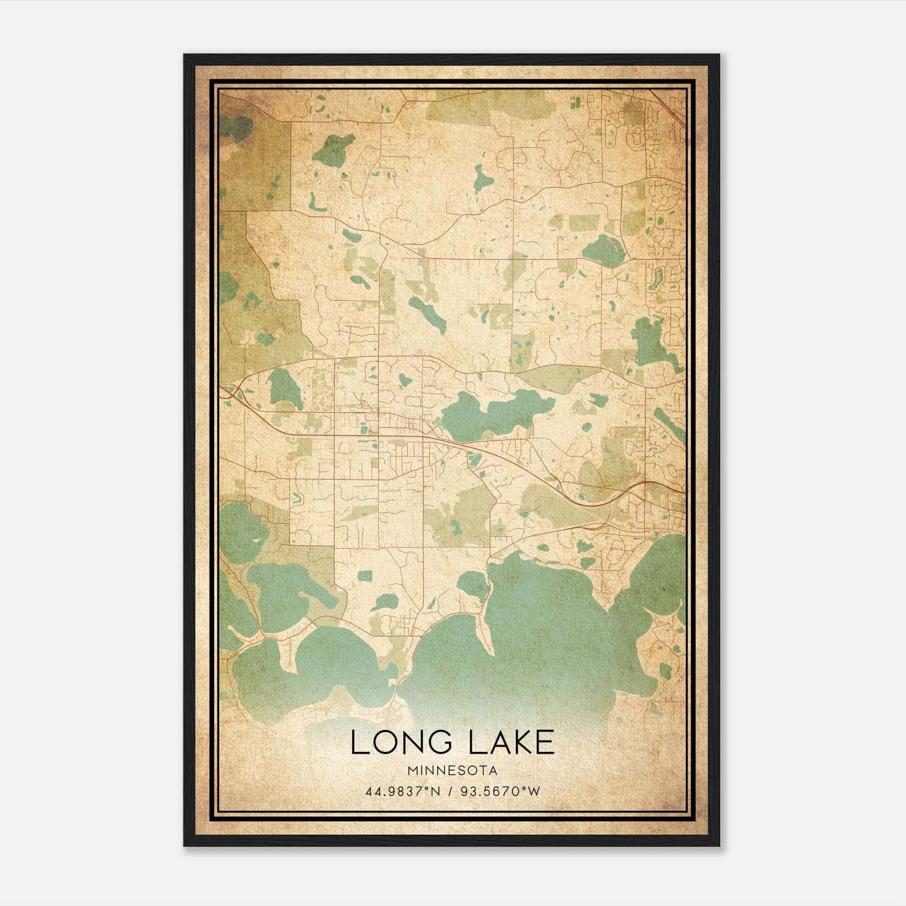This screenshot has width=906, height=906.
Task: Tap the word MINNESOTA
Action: (x=452, y=771)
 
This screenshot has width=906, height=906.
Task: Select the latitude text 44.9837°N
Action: (x=403, y=791)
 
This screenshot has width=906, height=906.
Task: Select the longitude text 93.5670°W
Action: (x=500, y=791)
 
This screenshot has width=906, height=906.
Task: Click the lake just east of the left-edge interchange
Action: (x=285, y=388)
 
